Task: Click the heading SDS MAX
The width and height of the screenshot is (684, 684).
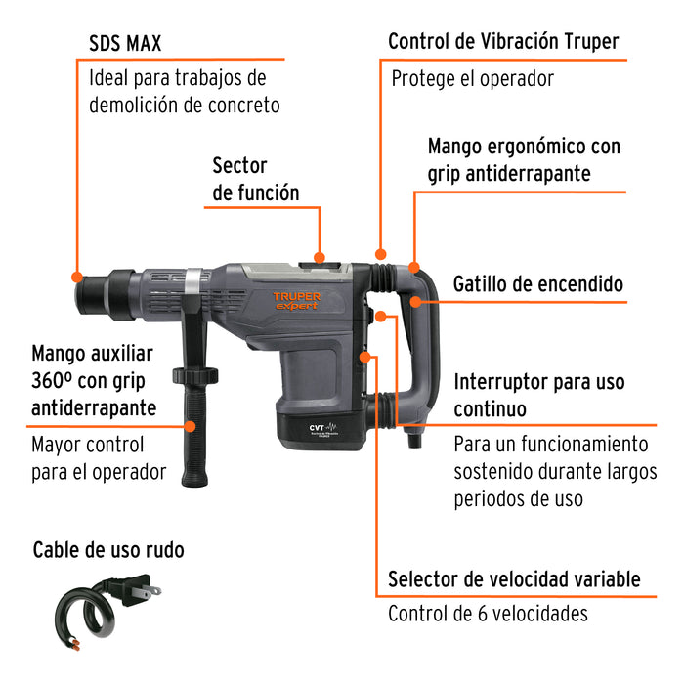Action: click(125, 43)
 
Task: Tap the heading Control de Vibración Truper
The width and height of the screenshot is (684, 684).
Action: click(503, 42)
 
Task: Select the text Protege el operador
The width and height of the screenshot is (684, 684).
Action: click(473, 78)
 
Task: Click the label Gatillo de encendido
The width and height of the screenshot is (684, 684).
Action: click(537, 284)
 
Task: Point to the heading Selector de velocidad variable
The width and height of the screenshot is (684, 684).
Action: click(514, 578)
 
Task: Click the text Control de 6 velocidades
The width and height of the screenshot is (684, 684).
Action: click(488, 614)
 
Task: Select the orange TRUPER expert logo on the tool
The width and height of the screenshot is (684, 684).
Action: click(296, 300)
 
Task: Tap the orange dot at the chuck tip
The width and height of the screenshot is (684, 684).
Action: click(77, 276)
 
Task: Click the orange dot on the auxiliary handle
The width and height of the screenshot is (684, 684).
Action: click(191, 425)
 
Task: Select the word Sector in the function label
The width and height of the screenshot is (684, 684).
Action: click(239, 165)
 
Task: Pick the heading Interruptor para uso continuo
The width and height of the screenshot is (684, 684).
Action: click(538, 394)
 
